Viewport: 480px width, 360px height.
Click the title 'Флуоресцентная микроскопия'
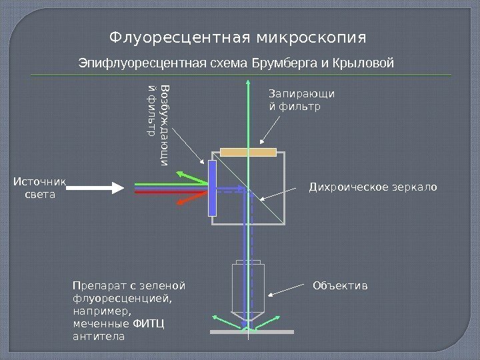239,35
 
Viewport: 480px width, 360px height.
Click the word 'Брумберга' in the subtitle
279,63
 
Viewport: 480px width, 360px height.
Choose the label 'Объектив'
340,286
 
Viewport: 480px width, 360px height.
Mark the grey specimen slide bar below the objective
251,331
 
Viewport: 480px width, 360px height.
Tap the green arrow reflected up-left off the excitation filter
190,176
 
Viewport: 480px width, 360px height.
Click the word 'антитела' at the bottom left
97,336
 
